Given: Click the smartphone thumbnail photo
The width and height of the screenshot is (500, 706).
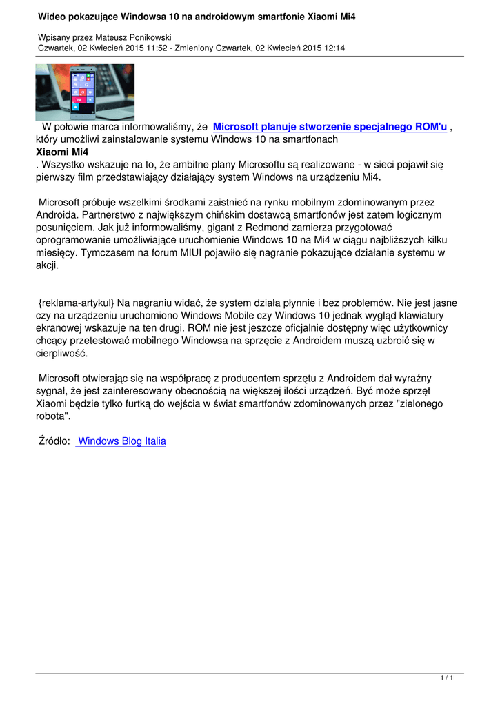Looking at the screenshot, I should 85,92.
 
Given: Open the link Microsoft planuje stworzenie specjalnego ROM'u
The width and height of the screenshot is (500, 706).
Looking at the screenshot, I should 330,127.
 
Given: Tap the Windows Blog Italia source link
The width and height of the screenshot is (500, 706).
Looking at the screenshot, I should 121,441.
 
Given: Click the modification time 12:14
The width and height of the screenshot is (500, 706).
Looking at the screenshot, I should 332,48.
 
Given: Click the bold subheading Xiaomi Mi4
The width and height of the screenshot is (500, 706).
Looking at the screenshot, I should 62,152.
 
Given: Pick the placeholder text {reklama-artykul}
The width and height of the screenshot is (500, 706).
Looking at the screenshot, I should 76,303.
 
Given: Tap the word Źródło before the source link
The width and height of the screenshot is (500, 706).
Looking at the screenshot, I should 54,441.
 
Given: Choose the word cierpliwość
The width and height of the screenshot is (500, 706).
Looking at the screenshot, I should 61,353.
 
